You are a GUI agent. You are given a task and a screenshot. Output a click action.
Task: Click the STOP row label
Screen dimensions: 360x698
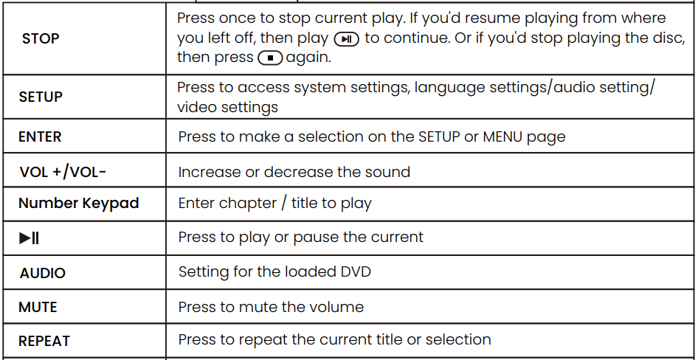click(x=41, y=38)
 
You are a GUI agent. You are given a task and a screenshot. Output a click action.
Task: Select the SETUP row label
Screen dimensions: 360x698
click(x=41, y=97)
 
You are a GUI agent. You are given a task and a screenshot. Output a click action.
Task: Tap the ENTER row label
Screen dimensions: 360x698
click(x=40, y=136)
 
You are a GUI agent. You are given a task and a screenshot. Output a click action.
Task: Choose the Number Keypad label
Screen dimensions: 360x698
click(x=78, y=204)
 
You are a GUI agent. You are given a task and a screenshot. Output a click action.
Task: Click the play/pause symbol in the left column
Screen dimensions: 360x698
click(x=30, y=238)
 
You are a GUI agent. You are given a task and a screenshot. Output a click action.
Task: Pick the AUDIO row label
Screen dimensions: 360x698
click(x=42, y=273)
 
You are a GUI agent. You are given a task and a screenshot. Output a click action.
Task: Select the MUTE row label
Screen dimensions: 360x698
click(x=38, y=307)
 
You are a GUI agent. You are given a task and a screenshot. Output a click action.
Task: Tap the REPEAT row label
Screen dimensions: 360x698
click(x=44, y=341)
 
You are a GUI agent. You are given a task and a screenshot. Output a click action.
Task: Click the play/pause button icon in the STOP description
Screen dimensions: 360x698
click(x=347, y=39)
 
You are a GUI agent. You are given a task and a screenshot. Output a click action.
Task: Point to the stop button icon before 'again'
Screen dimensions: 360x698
click(x=270, y=58)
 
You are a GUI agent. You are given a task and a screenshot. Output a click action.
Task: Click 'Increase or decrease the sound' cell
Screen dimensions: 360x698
click(x=294, y=172)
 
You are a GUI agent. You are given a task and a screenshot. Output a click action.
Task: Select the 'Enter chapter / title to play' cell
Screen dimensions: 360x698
click(x=274, y=204)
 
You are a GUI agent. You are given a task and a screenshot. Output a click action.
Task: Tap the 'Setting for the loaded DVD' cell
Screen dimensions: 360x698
click(x=274, y=271)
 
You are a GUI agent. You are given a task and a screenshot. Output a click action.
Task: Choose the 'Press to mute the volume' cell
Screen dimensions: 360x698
click(x=271, y=306)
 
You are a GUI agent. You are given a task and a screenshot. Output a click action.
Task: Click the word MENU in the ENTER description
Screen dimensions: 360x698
click(x=502, y=136)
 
